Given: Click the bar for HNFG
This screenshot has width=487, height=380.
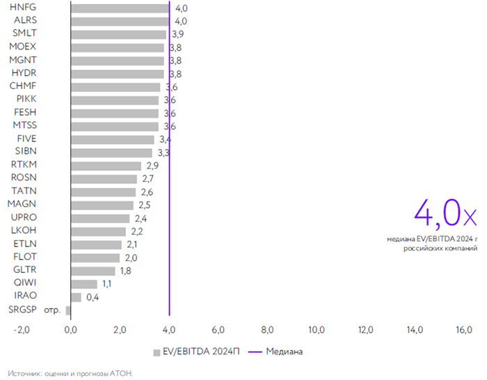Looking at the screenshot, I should (x=120, y=8).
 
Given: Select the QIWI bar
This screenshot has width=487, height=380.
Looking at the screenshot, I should (x=84, y=284).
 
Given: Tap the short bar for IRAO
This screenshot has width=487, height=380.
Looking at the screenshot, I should (x=76, y=297).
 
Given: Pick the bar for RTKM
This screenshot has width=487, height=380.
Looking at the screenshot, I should (x=106, y=166).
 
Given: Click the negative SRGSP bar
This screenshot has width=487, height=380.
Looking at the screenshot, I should (x=68, y=310).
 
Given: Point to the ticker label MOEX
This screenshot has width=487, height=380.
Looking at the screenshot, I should (x=23, y=47).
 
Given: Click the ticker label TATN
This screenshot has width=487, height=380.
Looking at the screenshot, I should (x=24, y=191).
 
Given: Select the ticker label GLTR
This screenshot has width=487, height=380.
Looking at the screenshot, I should (x=25, y=270).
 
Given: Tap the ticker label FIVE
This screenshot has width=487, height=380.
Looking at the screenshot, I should (x=26, y=139).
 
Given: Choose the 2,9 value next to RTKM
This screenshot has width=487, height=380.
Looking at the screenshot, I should (x=154, y=166).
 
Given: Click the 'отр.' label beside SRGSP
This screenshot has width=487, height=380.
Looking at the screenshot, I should (x=52, y=310).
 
